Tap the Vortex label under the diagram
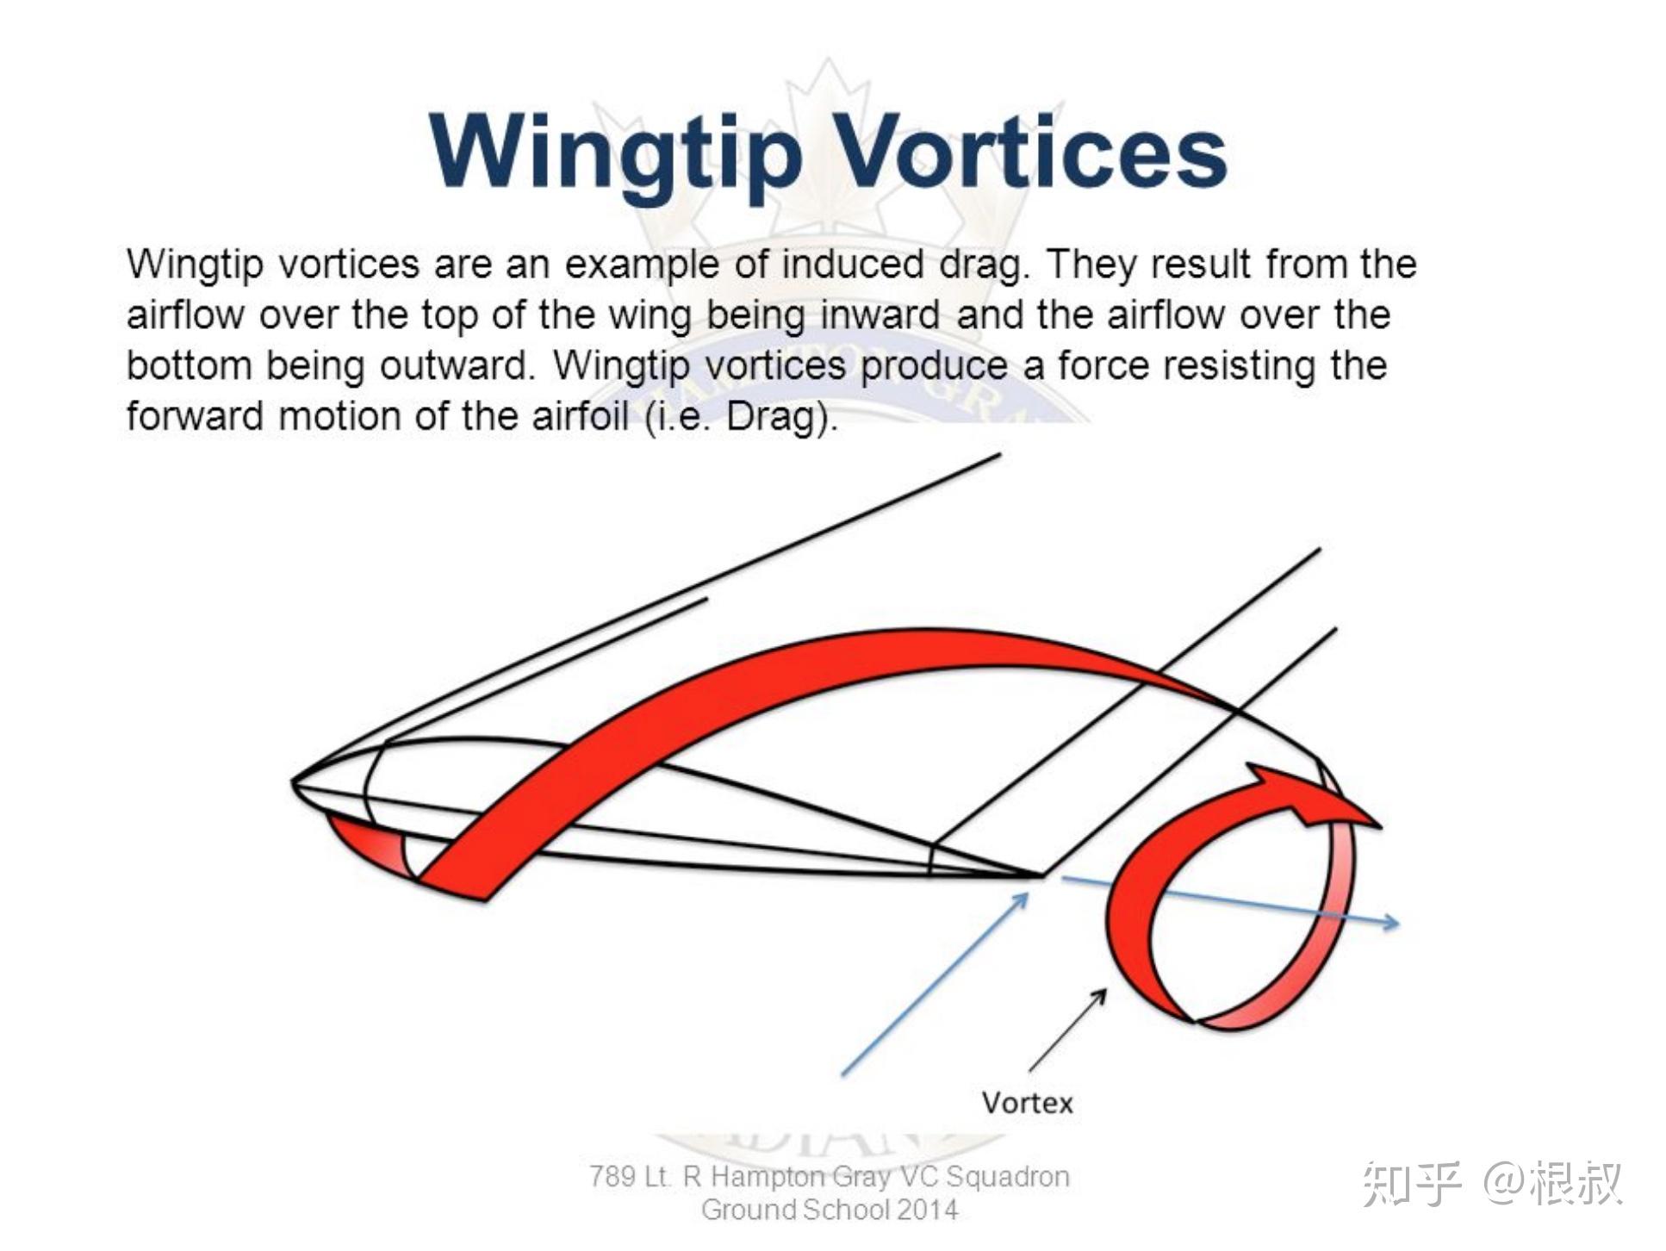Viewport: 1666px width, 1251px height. (1027, 1103)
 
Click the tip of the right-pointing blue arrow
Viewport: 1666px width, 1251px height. (1398, 924)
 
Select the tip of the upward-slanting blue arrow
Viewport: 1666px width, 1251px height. (1028, 893)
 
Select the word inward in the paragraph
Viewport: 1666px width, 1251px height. (879, 314)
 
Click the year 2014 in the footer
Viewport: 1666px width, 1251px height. (927, 1210)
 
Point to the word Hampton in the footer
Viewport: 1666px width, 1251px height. (768, 1177)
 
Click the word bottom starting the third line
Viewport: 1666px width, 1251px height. (188, 365)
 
